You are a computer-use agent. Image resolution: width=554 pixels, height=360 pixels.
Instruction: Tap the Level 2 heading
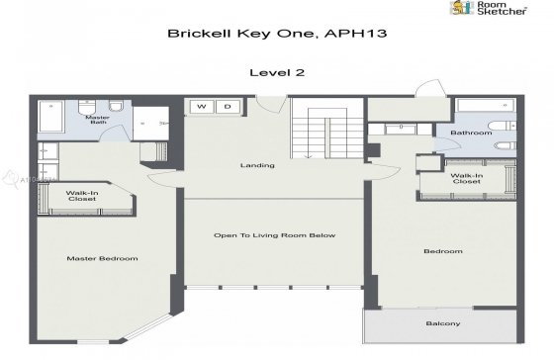[x=276, y=71]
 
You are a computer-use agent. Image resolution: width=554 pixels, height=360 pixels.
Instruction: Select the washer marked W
[x=202, y=106]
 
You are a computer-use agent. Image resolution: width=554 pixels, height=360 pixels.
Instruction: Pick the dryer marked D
[x=227, y=106]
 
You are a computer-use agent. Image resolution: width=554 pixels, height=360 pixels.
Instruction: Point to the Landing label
[x=257, y=165]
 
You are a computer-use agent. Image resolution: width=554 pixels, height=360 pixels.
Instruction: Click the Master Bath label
[x=97, y=121]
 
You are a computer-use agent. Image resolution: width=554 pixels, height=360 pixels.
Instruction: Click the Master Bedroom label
[x=102, y=258]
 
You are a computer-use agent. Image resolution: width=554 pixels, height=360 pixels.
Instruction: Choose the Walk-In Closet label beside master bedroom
[x=81, y=196]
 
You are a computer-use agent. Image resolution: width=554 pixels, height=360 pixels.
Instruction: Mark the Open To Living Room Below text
[x=276, y=235]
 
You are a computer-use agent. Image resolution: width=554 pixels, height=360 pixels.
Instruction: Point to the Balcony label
[x=443, y=324]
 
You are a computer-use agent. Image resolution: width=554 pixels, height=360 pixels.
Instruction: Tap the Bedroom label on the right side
[x=443, y=251]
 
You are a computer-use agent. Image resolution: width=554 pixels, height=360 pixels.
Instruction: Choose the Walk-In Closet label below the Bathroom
[x=465, y=179]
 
